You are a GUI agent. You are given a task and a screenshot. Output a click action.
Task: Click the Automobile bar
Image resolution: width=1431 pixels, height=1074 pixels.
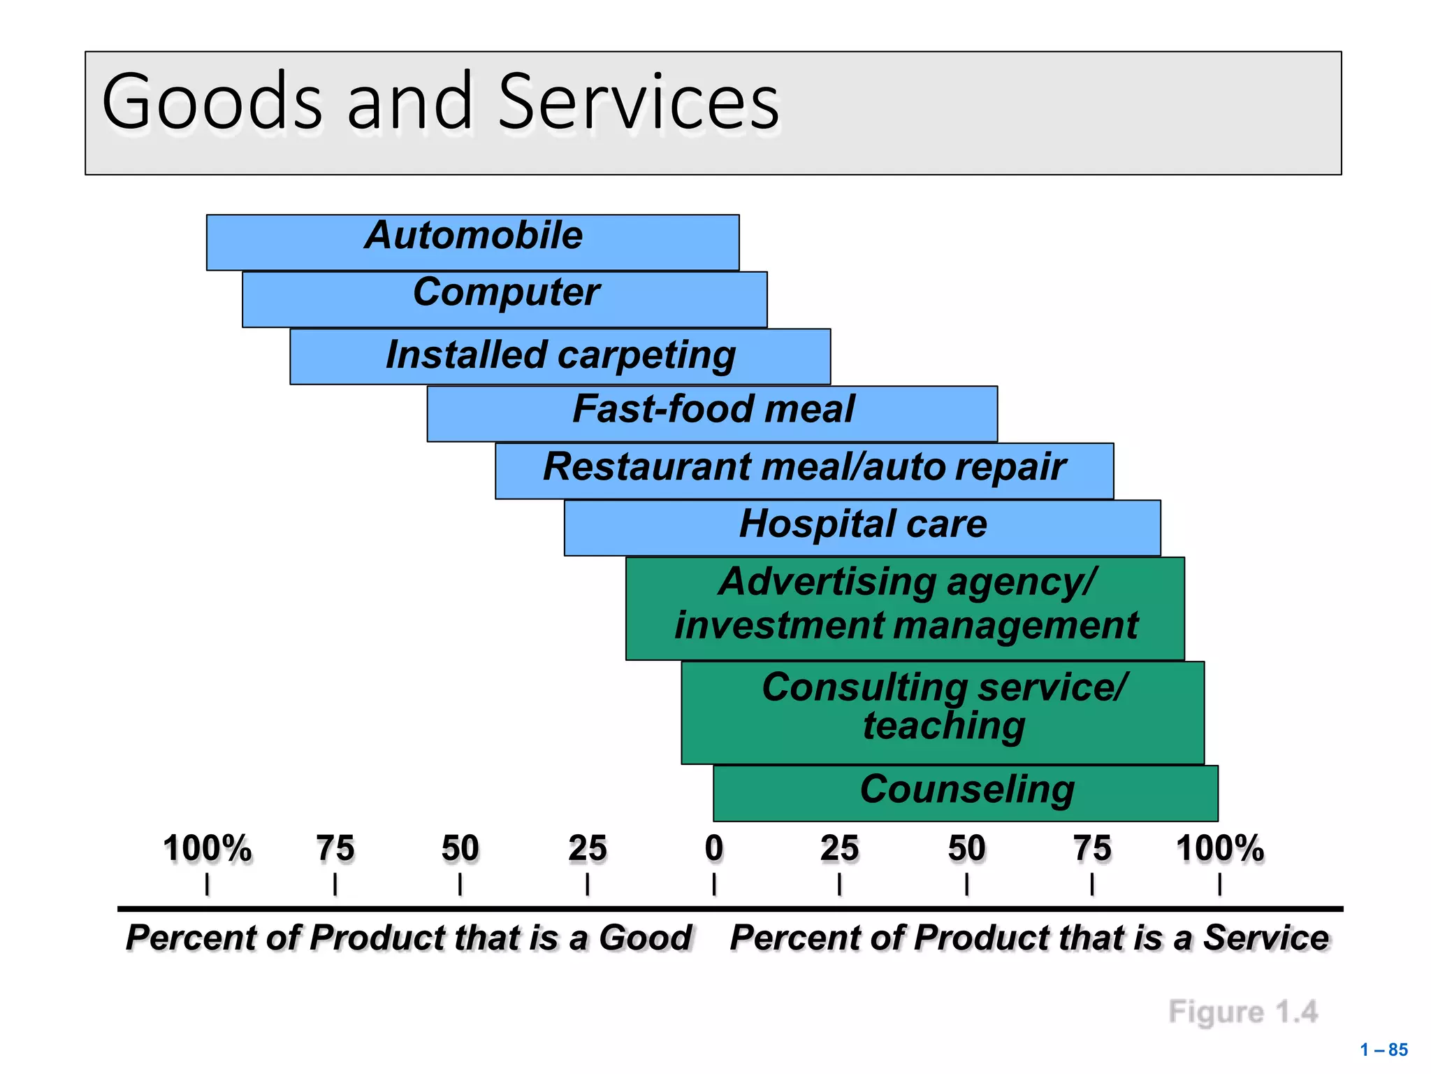pyautogui.click(x=473, y=242)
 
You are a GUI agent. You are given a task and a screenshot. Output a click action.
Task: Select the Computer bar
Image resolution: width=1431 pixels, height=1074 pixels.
pyautogui.click(x=504, y=299)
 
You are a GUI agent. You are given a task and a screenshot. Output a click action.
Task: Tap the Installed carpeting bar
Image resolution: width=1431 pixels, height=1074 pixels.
pyautogui.click(x=560, y=357)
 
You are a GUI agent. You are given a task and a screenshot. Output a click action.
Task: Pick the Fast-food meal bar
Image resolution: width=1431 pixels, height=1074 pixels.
pyautogui.click(x=712, y=413)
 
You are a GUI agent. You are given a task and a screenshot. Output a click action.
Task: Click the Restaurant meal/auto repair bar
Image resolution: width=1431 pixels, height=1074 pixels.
pyautogui.click(x=804, y=471)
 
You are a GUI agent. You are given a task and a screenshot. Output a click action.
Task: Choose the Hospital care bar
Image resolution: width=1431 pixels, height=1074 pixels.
pyautogui.click(x=862, y=528)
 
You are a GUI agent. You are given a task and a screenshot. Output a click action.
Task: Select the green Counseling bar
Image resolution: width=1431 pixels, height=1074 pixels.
pyautogui.click(x=966, y=793)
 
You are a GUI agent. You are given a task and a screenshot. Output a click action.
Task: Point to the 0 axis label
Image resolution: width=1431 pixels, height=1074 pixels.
pyautogui.click(x=713, y=849)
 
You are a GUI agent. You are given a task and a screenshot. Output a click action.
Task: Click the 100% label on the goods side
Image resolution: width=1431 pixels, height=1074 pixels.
pyautogui.click(x=207, y=849)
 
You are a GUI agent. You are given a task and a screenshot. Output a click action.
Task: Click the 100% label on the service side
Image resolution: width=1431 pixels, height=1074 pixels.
pyautogui.click(x=1219, y=849)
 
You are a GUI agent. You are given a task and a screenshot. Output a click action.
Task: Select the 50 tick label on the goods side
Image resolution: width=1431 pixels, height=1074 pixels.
pyautogui.click(x=460, y=849)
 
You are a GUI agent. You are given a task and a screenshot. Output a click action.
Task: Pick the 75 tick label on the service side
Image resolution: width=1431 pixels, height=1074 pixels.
pyautogui.click(x=1091, y=849)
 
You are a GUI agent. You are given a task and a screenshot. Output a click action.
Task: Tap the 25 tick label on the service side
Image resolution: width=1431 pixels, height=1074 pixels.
pyautogui.click(x=839, y=849)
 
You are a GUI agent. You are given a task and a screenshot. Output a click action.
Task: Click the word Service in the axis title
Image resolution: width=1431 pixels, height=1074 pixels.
pyautogui.click(x=1265, y=938)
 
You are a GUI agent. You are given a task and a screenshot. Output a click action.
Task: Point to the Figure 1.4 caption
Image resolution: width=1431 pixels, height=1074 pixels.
pyautogui.click(x=1242, y=1012)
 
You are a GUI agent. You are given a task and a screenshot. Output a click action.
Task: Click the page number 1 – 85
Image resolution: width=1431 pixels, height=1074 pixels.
pyautogui.click(x=1383, y=1050)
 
